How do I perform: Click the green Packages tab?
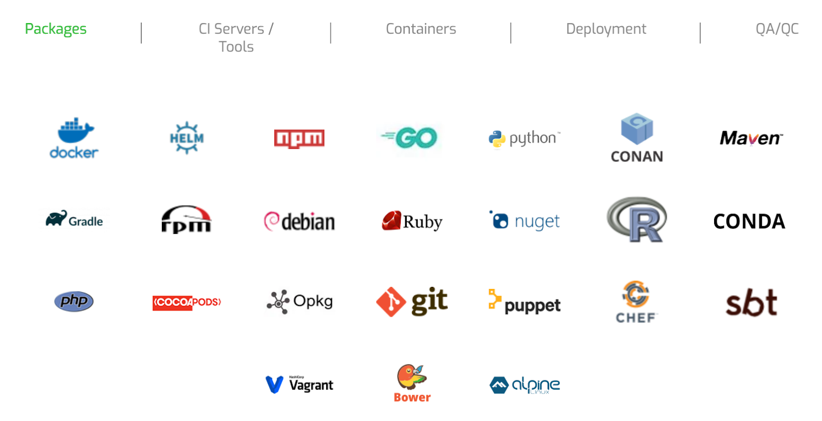coord(55,29)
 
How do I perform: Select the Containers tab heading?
coord(421,29)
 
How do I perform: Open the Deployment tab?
coord(606,29)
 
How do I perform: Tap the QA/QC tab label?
coord(777,29)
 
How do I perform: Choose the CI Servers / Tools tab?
coord(236,38)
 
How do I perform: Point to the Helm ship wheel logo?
coord(186,138)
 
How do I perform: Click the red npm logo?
coord(299,138)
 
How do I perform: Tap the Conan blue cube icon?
coord(637,129)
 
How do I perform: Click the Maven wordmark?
coord(751,138)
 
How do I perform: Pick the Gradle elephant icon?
coord(56,218)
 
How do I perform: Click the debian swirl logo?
coord(271,221)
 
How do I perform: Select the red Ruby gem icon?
coord(391,221)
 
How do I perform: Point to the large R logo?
coord(637,219)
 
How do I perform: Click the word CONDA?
coord(749,222)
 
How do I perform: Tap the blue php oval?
coord(74,301)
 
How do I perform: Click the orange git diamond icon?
coord(391,302)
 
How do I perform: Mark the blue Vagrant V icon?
coord(274,385)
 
